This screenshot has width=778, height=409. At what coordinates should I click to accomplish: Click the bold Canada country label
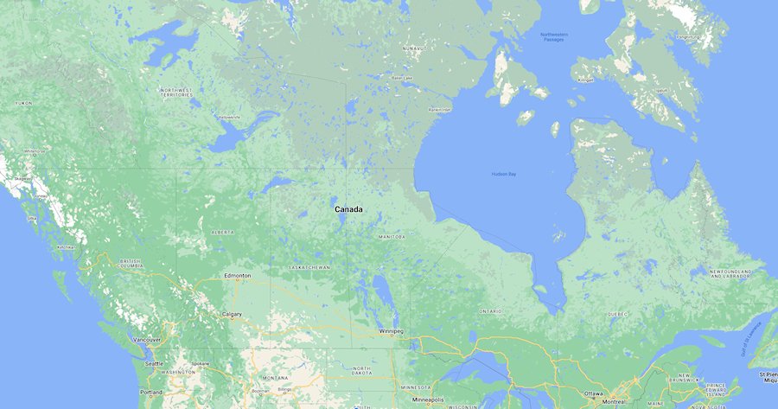(349, 210)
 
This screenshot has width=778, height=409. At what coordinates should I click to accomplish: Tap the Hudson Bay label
(503, 175)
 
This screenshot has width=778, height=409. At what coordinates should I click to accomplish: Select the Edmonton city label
(237, 276)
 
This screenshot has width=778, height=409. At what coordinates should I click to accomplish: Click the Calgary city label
(231, 314)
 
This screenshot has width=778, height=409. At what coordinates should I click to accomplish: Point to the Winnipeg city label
(390, 331)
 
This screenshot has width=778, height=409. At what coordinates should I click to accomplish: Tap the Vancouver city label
(146, 340)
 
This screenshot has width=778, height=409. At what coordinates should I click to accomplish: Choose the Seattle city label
(155, 363)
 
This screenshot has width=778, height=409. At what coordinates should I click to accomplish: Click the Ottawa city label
(595, 393)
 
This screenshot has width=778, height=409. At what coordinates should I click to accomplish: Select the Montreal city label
(615, 402)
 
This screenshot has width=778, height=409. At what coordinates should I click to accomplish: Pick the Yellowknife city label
(228, 117)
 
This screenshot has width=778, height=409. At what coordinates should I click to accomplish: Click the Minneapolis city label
(428, 400)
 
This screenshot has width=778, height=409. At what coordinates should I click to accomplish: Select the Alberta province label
(222, 233)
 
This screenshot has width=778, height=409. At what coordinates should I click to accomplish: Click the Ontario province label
(490, 310)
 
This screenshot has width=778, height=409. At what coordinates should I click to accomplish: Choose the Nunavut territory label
(414, 48)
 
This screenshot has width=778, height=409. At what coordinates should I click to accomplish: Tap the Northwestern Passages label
(554, 37)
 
